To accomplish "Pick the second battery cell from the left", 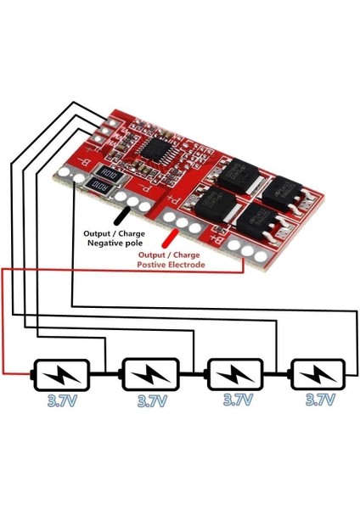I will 151,373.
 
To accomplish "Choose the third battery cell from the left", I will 234,373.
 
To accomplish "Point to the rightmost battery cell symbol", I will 318,373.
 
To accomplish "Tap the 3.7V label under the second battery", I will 151,399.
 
